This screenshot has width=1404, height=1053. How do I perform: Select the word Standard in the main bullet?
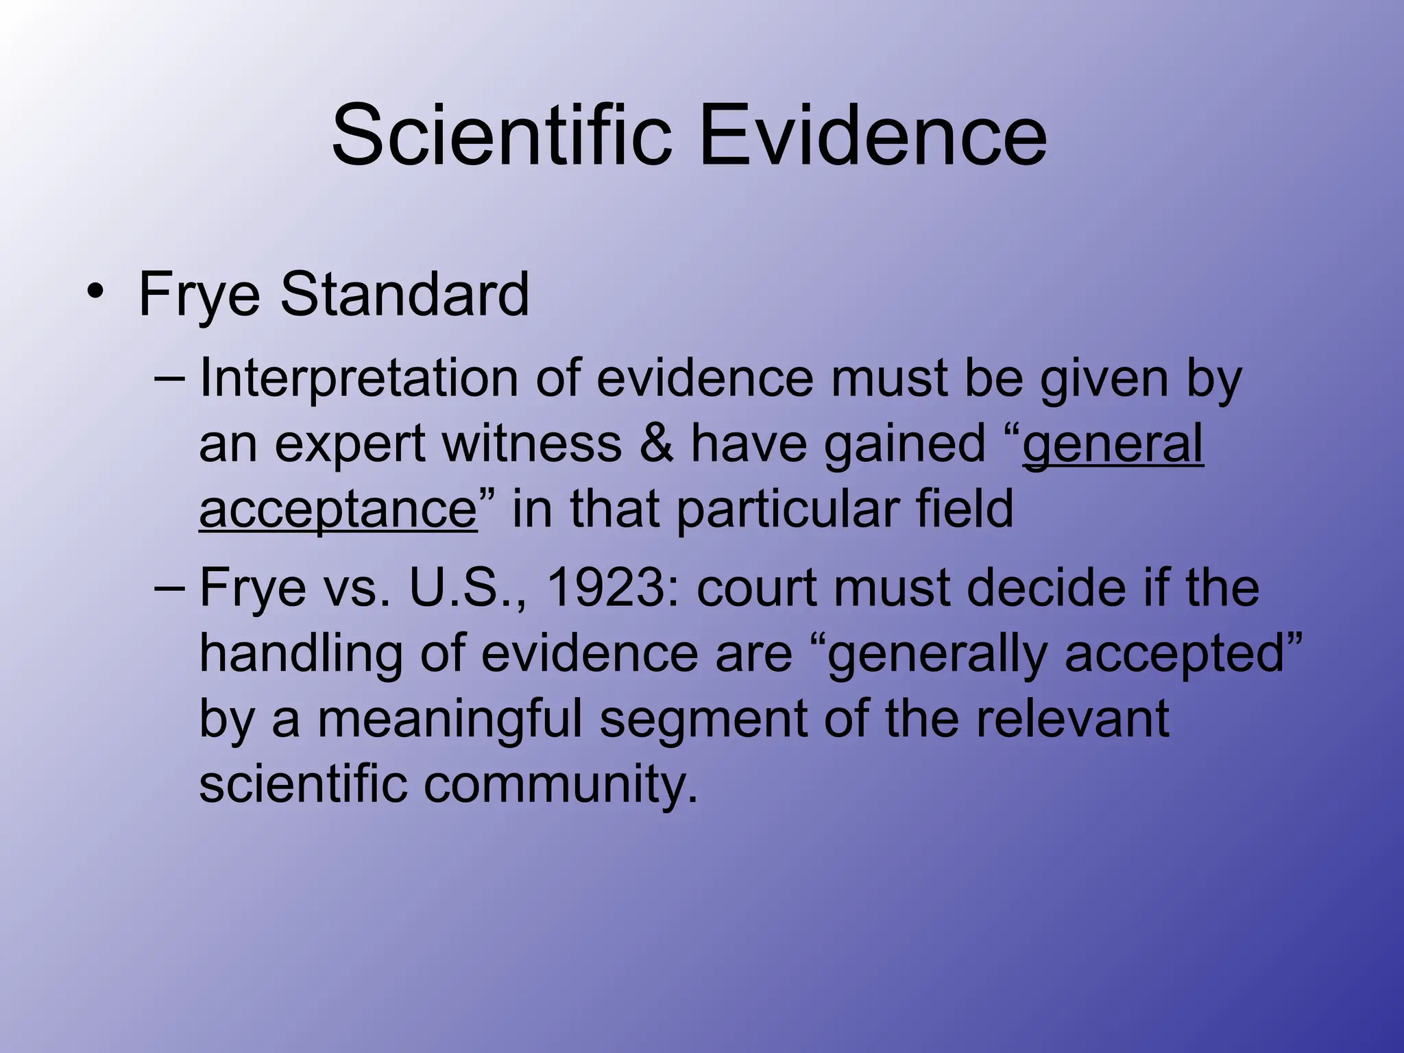404,294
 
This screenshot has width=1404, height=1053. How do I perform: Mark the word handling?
300,653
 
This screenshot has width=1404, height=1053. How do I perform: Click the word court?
758,588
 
